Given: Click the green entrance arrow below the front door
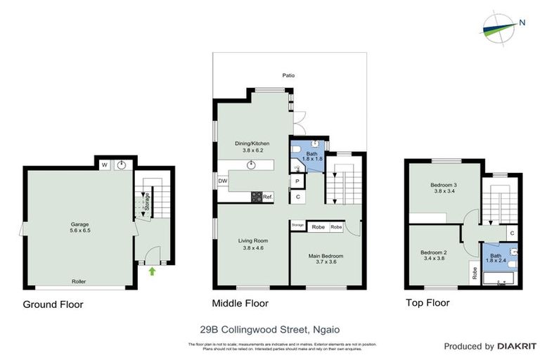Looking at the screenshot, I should (153, 271).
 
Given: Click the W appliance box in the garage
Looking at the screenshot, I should (104, 165).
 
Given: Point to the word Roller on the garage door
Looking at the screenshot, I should (79, 281).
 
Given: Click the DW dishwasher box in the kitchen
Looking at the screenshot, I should (223, 181).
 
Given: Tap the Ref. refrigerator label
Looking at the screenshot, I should (268, 197).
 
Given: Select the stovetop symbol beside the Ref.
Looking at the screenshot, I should (257, 197).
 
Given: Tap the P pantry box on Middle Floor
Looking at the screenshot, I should (297, 181).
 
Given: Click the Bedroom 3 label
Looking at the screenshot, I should (444, 185).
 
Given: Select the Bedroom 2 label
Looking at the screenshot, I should (434, 252).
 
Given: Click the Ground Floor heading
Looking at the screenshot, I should (53, 304).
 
